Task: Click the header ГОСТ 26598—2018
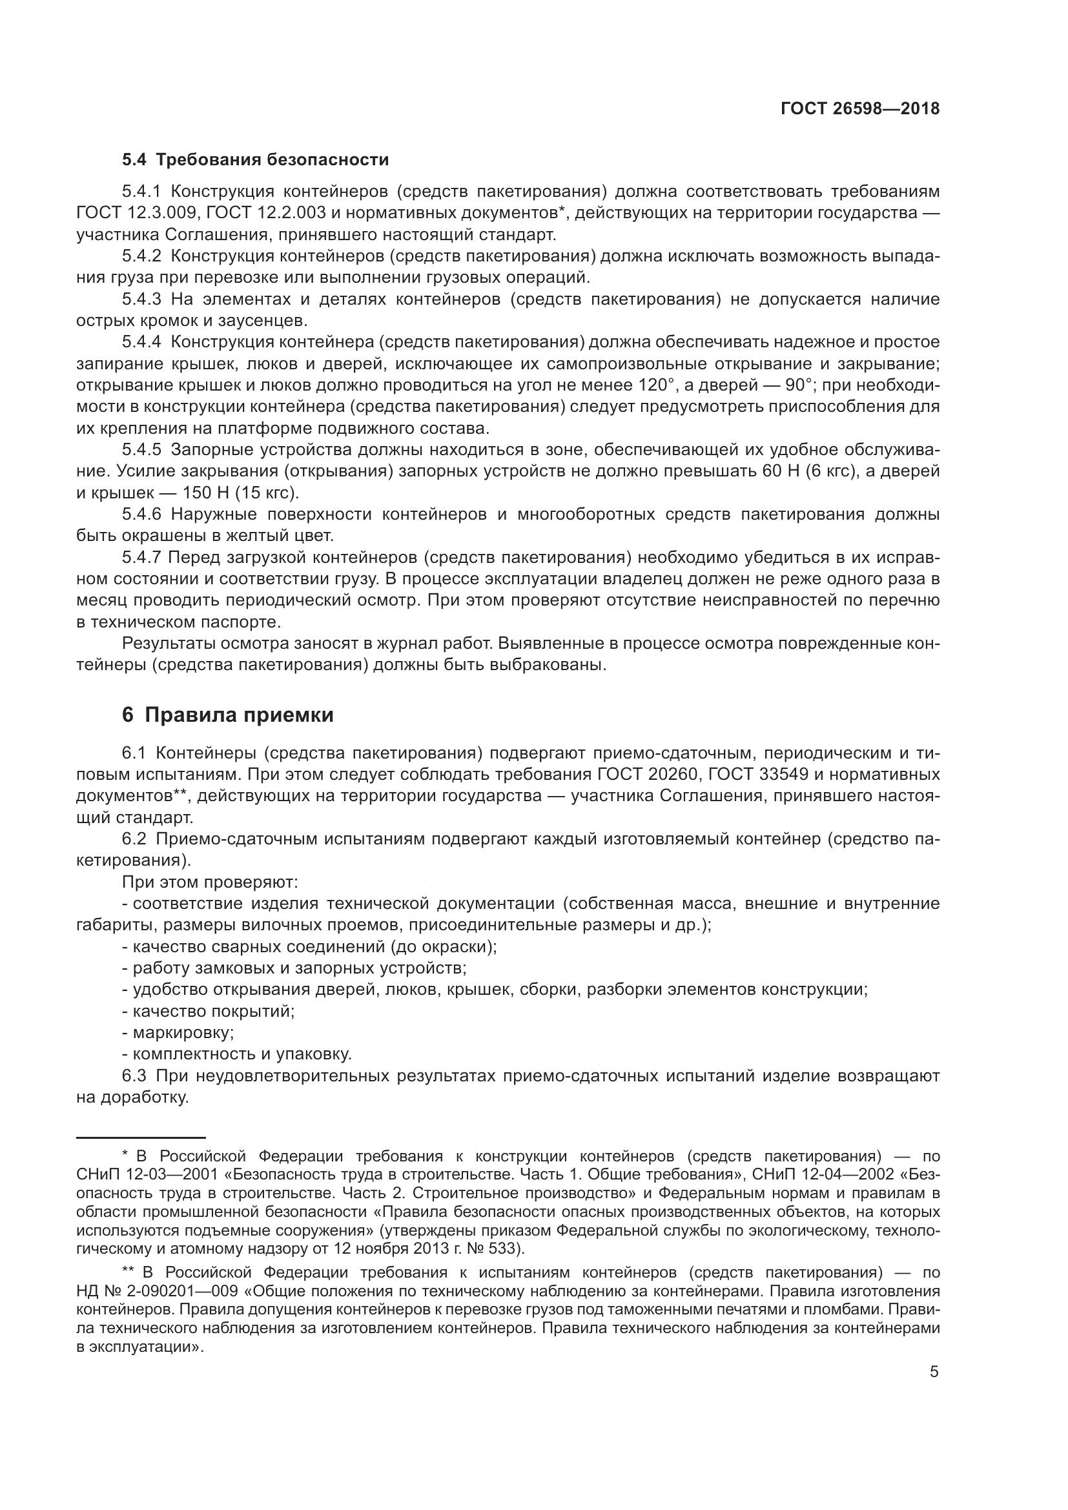click(x=859, y=108)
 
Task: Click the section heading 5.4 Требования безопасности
click(x=255, y=160)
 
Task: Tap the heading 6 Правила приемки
click(x=227, y=715)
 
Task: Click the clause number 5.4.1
click(x=141, y=192)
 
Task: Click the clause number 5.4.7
click(x=141, y=558)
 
